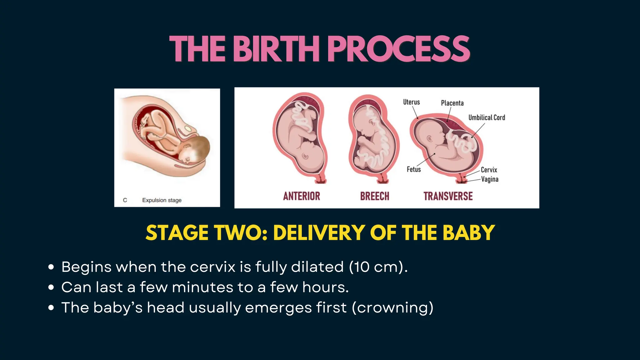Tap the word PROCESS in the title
pos(398,49)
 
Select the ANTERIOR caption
pos(302,196)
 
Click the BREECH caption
pos(375,196)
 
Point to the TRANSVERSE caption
pos(448,196)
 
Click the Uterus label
pos(411,102)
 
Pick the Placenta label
pos(452,103)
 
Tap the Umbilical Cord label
pos(487,117)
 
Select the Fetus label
pos(414,169)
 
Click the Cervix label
pos(489,170)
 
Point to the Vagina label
pos(490,179)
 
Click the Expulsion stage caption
pos(162,200)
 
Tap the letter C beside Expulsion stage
pos(125,200)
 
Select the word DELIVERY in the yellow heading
pos(319,233)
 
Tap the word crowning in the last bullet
pos(392,308)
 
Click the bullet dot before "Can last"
pos(51,287)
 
